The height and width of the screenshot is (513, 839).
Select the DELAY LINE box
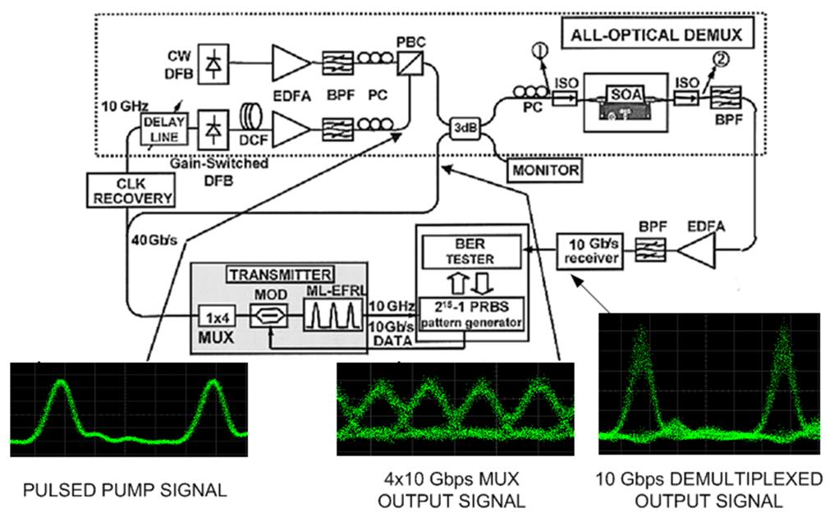(x=165, y=129)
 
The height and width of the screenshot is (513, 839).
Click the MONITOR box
(x=543, y=170)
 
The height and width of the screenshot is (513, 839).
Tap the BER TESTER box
(x=470, y=250)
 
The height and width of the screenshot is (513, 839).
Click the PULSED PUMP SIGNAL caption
(x=123, y=491)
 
